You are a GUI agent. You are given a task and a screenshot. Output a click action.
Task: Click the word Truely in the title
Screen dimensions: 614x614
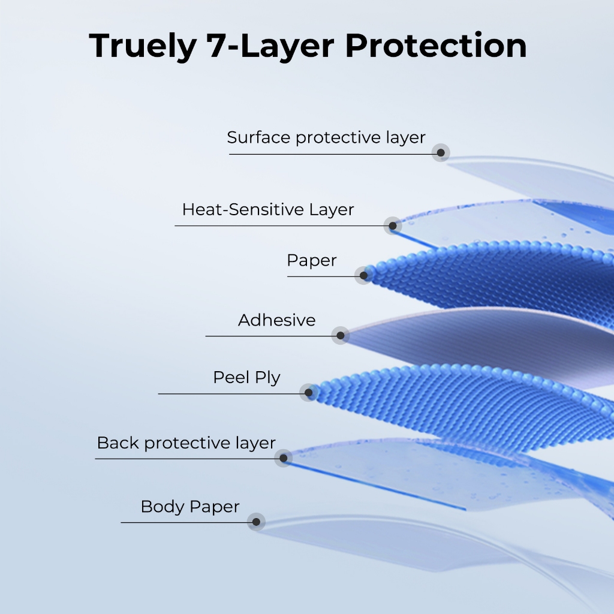click(x=143, y=47)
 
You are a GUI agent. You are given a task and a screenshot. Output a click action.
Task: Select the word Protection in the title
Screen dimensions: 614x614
click(x=436, y=46)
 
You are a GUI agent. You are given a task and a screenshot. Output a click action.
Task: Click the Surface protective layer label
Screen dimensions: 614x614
click(x=326, y=137)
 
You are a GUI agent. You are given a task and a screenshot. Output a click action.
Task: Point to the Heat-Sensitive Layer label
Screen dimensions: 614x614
click(x=268, y=209)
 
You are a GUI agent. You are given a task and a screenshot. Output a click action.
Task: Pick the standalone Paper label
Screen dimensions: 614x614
click(x=312, y=261)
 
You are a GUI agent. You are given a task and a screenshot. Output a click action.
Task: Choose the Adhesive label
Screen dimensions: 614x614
click(x=277, y=320)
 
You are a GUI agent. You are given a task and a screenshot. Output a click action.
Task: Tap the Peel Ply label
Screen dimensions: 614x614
click(x=246, y=378)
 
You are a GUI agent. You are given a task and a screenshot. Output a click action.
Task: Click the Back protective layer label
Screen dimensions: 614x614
click(x=186, y=443)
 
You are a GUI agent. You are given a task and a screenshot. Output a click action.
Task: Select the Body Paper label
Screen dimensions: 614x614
click(x=190, y=507)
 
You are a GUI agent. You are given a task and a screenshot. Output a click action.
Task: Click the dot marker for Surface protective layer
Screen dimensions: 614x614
click(x=441, y=153)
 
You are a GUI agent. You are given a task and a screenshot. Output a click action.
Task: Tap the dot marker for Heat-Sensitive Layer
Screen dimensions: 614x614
click(x=393, y=225)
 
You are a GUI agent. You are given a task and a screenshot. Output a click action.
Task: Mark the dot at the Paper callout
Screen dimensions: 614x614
click(x=363, y=276)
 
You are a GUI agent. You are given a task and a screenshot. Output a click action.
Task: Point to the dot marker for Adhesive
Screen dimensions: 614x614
click(x=341, y=336)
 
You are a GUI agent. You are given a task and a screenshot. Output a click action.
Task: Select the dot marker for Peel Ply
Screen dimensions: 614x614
click(x=308, y=392)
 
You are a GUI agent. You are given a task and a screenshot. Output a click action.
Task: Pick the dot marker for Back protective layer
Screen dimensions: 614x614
click(x=283, y=458)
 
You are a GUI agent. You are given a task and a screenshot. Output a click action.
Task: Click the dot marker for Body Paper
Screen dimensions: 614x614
click(x=256, y=522)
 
